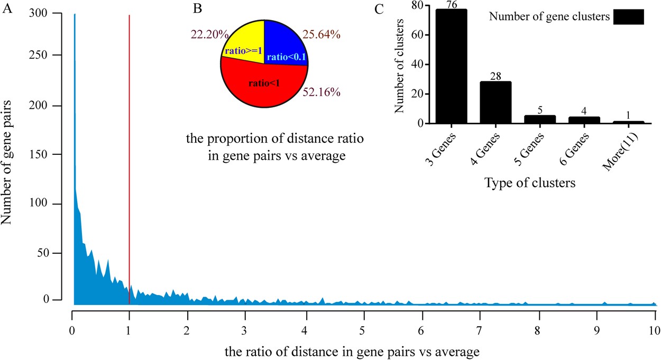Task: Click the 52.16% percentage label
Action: click(321, 92)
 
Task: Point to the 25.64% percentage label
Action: click(322, 34)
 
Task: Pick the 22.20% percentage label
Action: click(209, 34)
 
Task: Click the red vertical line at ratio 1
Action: click(129, 159)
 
